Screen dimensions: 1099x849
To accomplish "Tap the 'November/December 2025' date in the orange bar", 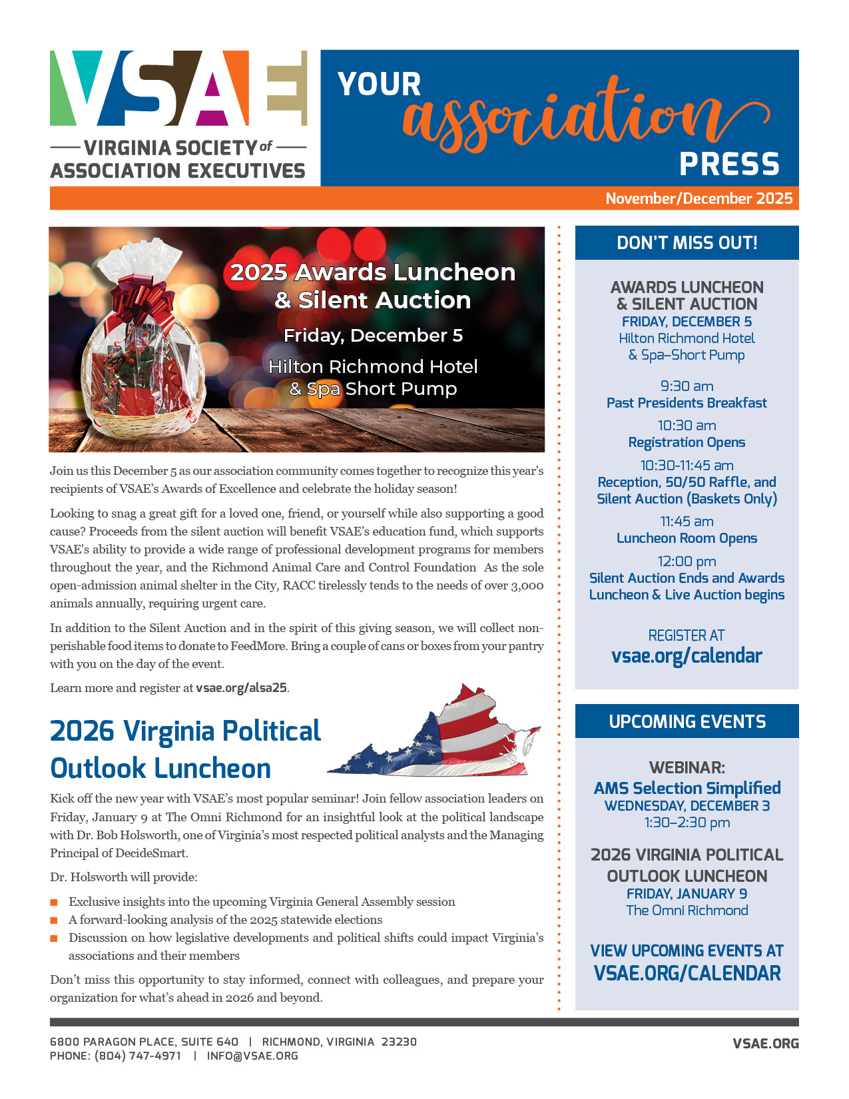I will (699, 198).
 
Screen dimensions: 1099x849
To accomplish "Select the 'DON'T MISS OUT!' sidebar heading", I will (687, 243).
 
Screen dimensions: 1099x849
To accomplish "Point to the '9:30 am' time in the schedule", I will (687, 386).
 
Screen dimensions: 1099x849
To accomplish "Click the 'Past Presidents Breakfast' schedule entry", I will (687, 403).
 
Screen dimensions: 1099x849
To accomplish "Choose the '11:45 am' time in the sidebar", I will (687, 522).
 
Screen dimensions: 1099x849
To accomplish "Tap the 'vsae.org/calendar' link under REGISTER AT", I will (687, 656).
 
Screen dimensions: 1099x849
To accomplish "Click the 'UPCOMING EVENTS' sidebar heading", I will (687, 722).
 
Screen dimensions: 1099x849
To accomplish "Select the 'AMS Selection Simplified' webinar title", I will (687, 789).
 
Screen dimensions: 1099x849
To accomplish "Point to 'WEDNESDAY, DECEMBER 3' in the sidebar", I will (687, 806).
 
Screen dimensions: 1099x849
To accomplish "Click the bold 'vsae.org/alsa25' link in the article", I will (242, 688).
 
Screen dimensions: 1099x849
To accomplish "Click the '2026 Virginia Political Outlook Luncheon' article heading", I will (185, 749).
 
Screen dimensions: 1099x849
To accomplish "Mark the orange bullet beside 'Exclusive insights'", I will (54, 903).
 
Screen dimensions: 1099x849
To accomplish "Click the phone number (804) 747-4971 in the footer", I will (138, 1056).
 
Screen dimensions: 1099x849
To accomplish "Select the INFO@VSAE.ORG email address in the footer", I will (252, 1056).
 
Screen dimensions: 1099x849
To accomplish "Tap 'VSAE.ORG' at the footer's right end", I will (765, 1044).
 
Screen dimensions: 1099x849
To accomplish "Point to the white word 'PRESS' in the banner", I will (729, 164).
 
